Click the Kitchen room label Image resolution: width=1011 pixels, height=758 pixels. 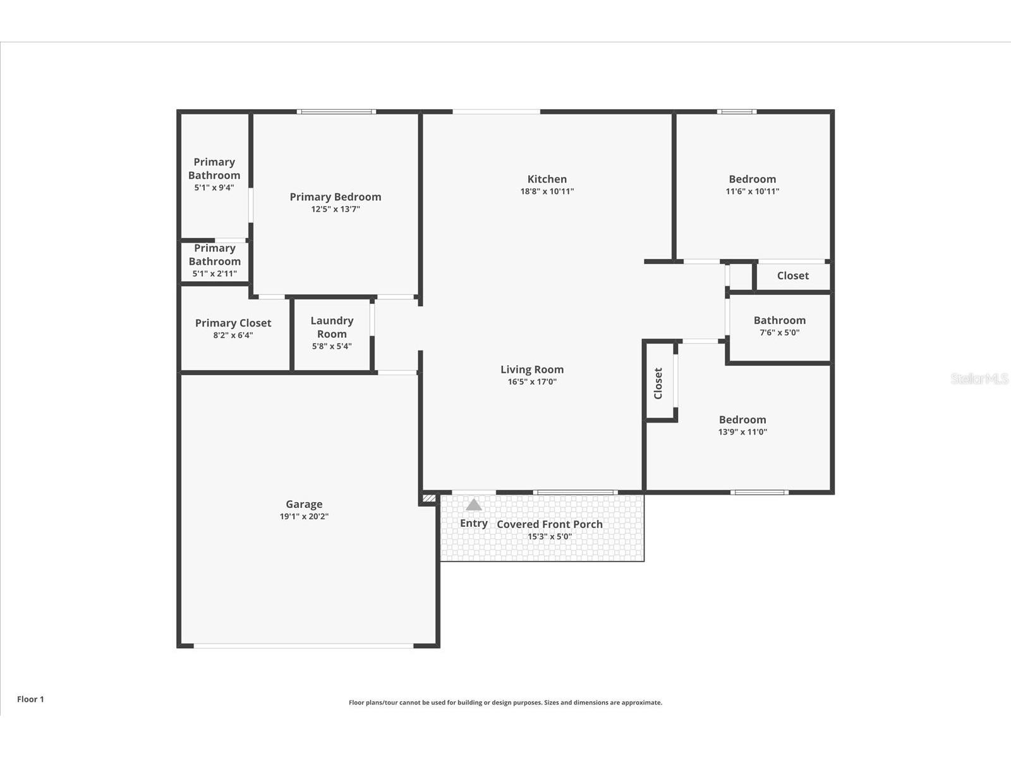coord(547,179)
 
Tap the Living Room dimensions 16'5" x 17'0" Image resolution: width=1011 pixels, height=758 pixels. coord(532,382)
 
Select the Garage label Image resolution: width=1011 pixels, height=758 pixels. coord(304,505)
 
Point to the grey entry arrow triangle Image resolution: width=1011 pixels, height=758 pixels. coord(473,505)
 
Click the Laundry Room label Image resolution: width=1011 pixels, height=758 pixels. coord(332,327)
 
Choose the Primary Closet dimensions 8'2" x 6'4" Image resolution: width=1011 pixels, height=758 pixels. coord(233,335)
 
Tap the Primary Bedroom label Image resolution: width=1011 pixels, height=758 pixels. coord(336,197)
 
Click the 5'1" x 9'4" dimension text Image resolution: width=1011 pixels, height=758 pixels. coord(214,188)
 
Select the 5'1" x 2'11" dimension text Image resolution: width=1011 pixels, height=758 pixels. coord(215,274)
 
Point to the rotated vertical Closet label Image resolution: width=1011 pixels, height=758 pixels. coord(658,383)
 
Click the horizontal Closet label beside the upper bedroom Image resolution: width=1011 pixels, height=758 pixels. coord(792,275)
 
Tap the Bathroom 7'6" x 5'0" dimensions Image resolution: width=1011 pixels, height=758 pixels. coord(779,332)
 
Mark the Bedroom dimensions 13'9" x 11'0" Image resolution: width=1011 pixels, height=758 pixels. coord(742,431)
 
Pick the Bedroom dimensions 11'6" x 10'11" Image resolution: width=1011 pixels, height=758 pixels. coord(753,191)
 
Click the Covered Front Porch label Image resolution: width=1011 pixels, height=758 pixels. coord(550,524)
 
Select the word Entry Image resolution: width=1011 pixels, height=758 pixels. coord(473,523)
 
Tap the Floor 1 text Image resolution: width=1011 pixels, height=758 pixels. coord(30,699)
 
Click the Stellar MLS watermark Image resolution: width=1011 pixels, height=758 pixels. coord(979,379)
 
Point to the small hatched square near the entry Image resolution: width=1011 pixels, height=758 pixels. coord(429,498)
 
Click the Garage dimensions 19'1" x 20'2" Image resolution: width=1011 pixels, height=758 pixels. coord(304,516)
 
